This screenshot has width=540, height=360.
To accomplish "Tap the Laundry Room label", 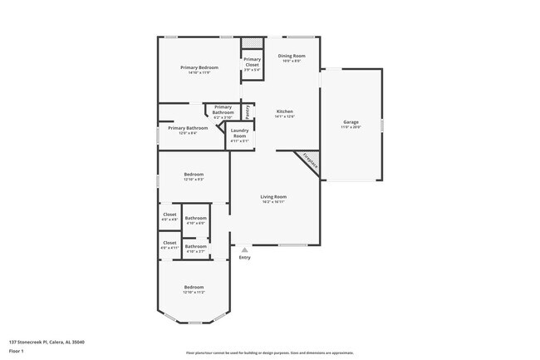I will point(239,133).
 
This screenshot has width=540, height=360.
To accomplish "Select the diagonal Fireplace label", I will point(309,160).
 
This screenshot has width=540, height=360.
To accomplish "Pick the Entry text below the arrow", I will point(244,257).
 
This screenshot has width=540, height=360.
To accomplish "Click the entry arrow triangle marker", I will point(244,248).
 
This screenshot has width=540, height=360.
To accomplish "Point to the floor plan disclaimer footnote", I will point(269,352).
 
